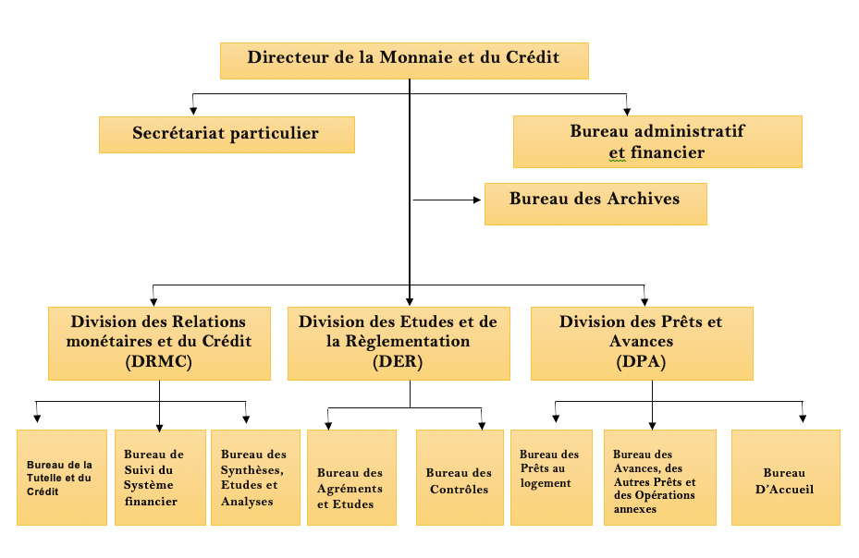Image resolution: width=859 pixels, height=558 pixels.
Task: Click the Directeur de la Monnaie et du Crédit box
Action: coord(404,61)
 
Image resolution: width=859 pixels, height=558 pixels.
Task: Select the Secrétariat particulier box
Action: coord(227,135)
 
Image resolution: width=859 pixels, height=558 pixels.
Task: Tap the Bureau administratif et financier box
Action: coord(657,142)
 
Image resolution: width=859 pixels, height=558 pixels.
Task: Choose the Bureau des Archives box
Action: coord(595,203)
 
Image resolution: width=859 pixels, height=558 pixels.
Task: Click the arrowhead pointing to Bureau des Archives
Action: coord(476,200)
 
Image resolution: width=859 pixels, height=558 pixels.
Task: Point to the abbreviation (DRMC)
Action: coord(159,361)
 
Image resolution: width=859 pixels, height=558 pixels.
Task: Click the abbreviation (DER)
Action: coord(398,361)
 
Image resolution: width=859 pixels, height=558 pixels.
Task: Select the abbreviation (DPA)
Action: coord(641,361)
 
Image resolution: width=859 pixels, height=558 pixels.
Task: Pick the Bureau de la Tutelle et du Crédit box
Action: coord(62,478)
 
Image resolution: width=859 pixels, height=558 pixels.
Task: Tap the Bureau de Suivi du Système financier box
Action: coord(161,478)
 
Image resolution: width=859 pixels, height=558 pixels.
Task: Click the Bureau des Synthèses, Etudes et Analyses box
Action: coord(256,478)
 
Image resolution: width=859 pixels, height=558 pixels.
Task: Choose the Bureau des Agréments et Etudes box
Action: coord(351,478)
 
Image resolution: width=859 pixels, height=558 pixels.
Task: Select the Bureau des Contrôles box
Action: coord(460,478)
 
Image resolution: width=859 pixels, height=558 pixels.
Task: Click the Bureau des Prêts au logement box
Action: coord(552,478)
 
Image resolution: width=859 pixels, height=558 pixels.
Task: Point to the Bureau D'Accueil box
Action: coord(786,478)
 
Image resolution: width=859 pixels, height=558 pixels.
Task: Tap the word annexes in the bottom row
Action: coord(635,509)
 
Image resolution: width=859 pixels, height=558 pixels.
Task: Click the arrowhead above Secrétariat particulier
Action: coord(193,111)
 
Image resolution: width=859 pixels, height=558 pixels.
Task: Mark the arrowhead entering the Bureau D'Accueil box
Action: coord(803,418)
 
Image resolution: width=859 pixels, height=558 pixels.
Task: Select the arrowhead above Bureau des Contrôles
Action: coord(482,426)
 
